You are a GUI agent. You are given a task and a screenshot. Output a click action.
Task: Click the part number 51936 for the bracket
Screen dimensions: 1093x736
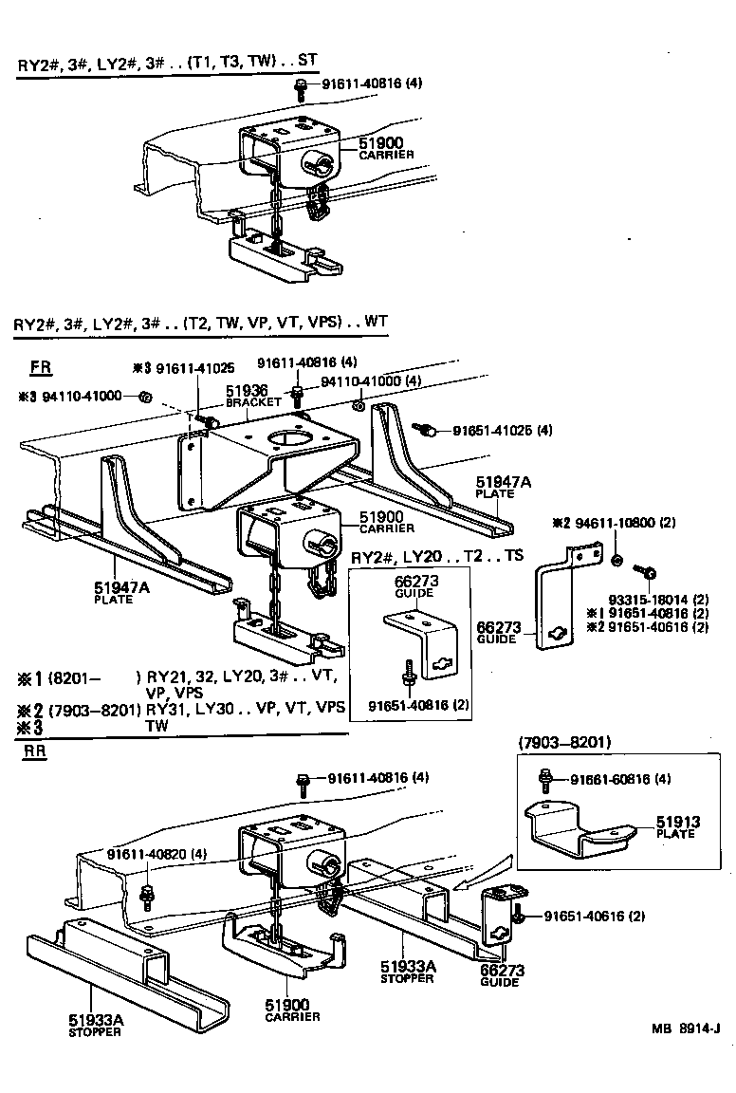[x=246, y=390]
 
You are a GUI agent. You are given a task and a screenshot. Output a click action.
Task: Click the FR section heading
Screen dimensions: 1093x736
[x=41, y=366]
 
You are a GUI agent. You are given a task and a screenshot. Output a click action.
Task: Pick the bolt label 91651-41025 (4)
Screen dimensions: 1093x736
[x=503, y=431]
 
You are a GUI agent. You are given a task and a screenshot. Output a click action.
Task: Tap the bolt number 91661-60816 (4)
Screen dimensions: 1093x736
[x=620, y=779]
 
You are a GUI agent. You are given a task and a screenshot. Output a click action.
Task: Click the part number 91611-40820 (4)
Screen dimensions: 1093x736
[x=156, y=853]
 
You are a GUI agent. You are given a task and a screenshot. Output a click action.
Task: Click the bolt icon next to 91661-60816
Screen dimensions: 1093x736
[x=546, y=779]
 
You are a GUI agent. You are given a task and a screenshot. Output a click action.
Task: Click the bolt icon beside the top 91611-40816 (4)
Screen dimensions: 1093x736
[x=301, y=88]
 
